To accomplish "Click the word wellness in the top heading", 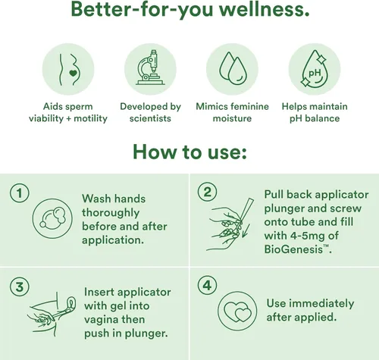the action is coord(264,9).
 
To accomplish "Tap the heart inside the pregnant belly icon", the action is coord(73,74).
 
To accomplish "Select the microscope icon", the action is coord(151,67).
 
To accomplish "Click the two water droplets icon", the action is coord(233,68).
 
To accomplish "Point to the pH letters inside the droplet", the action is coord(315,73).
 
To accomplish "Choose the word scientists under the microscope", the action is coord(150,118).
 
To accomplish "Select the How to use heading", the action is coord(189,152).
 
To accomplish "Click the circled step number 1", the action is coord(20,193).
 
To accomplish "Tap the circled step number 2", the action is coord(207,192).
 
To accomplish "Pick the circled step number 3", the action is coord(20,287).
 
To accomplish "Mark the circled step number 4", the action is coord(207,286).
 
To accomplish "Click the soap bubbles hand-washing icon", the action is coord(52,218).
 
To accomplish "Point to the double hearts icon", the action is coord(237,311).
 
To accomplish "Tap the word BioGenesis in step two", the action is coord(293,249).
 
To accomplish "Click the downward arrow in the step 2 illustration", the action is coord(246,230).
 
